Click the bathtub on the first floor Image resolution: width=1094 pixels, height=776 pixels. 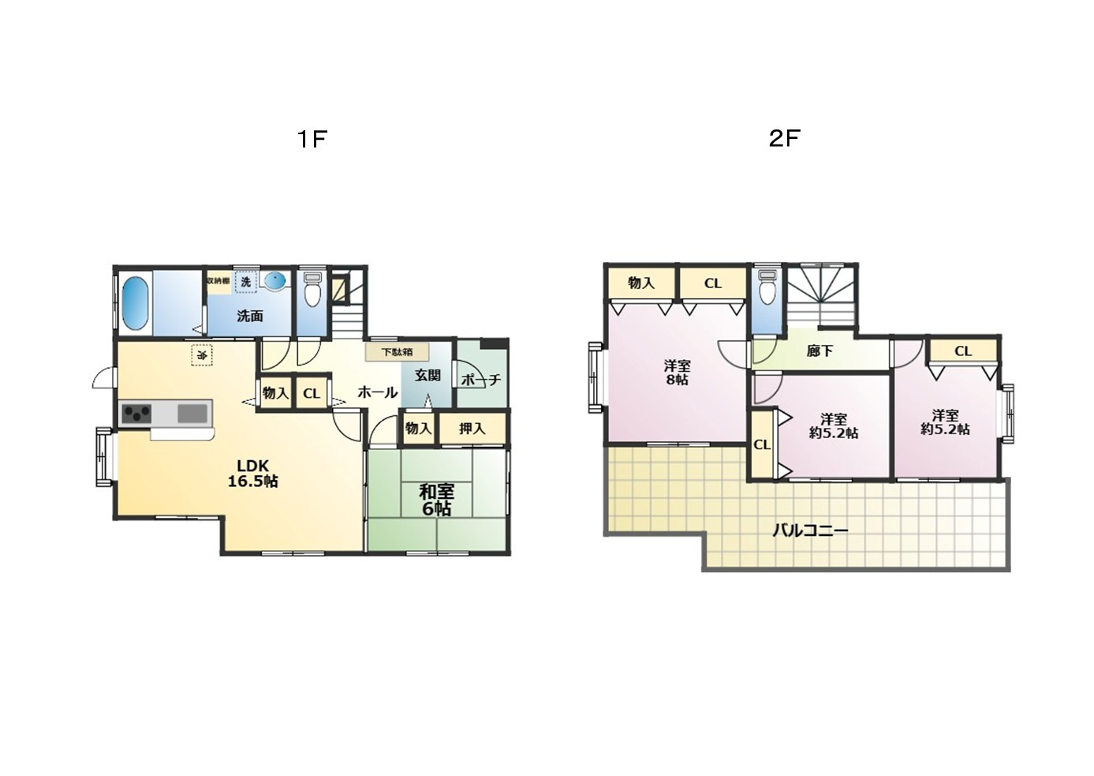(x=135, y=303)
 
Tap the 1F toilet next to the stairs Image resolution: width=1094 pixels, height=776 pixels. (x=312, y=288)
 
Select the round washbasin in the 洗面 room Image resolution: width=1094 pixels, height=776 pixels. (x=275, y=280)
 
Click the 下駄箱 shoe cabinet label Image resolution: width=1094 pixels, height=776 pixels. (x=397, y=352)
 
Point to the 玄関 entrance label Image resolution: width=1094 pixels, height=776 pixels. (x=428, y=375)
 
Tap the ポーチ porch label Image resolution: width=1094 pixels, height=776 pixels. (x=481, y=379)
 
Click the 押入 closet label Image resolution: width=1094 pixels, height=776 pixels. (x=472, y=429)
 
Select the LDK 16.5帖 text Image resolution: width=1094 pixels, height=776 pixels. (x=253, y=474)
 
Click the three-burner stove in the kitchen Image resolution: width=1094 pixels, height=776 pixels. (x=136, y=414)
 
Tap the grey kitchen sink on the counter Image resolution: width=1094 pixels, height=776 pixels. (x=192, y=414)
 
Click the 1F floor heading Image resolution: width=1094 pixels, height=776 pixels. (x=312, y=139)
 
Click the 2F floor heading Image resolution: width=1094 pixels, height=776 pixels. (x=784, y=139)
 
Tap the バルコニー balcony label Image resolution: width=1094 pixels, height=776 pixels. (x=810, y=530)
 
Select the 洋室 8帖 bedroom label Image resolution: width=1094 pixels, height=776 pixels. (x=677, y=373)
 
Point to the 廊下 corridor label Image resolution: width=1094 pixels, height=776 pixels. (x=820, y=351)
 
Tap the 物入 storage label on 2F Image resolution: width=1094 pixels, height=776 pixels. (x=641, y=283)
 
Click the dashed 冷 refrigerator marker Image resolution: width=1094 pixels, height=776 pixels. (x=202, y=355)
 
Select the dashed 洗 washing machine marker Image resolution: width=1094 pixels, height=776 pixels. (x=245, y=282)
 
